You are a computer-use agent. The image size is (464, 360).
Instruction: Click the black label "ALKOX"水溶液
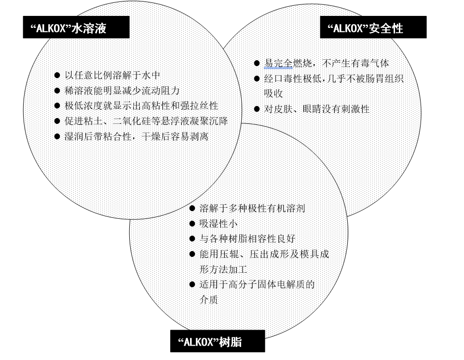(x=76, y=27)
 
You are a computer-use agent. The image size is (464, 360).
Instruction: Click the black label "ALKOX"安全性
(x=373, y=27)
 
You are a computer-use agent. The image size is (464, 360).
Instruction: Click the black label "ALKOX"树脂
(x=218, y=341)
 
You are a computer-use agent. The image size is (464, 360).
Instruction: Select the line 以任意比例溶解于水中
(x=112, y=75)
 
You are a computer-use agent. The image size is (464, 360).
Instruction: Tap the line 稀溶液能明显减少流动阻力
(x=122, y=91)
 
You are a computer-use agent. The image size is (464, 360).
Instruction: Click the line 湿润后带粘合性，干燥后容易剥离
(x=136, y=136)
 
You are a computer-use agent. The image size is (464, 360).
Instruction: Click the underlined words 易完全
(x=278, y=63)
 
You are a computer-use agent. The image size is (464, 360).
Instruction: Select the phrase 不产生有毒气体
(x=355, y=63)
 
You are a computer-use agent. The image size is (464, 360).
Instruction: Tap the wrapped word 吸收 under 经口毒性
(x=273, y=93)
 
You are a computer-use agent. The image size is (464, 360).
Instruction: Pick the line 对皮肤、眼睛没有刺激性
(x=316, y=109)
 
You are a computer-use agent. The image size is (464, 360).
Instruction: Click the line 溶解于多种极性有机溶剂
(x=252, y=208)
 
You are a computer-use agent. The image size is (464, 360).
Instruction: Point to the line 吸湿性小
(x=218, y=224)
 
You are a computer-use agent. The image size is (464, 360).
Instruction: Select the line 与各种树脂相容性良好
(x=247, y=239)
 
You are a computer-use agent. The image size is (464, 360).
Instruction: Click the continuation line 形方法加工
(x=223, y=269)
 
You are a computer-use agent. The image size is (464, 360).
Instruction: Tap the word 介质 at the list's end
(x=209, y=300)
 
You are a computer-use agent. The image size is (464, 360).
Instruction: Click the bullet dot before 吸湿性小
(x=192, y=224)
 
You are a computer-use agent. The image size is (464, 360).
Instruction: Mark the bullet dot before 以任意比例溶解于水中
(x=57, y=75)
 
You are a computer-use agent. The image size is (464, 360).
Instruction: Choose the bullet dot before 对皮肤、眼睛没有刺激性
(x=257, y=109)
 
